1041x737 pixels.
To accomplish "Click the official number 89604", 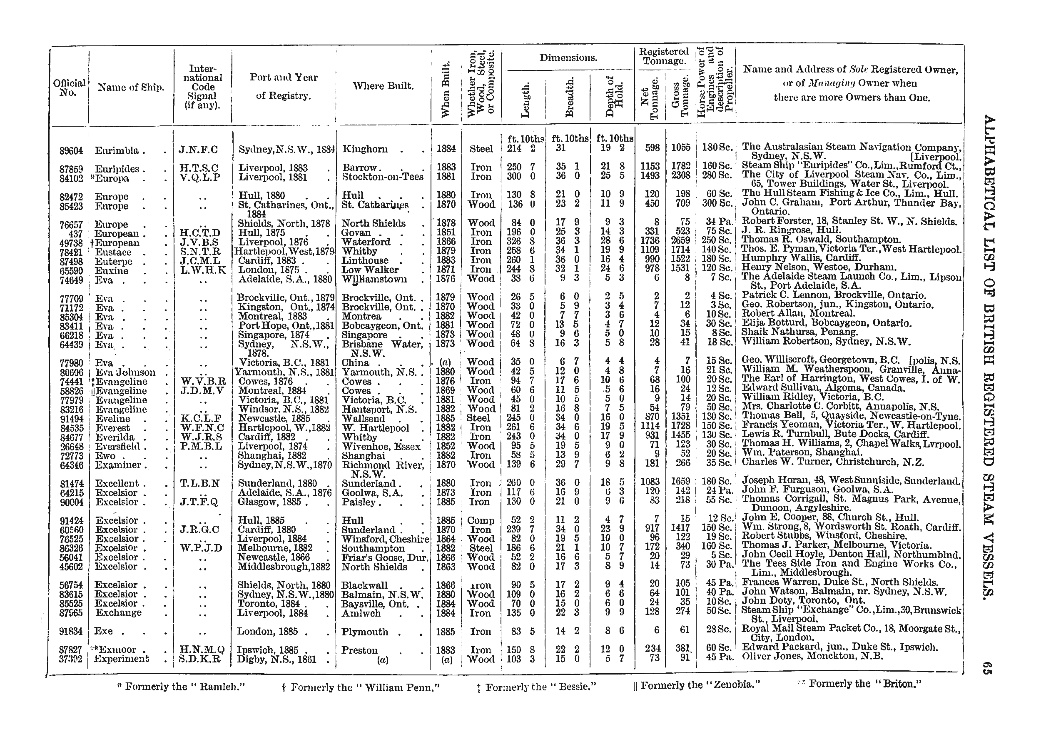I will tap(71, 151).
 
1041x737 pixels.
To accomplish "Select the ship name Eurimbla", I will tap(117, 151).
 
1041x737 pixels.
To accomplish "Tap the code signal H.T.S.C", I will tap(198, 168).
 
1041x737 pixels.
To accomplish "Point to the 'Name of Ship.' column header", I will tap(131, 87).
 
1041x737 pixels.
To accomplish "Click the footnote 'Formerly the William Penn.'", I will tap(361, 688).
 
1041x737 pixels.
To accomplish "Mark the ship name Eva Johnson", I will tap(125, 372).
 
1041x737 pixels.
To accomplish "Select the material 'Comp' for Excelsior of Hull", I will tap(481, 520).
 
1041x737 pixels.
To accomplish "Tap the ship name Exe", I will tap(103, 631).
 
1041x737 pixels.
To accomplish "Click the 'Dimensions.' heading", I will tap(568, 58).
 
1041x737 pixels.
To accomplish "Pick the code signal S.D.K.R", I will tap(199, 659).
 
